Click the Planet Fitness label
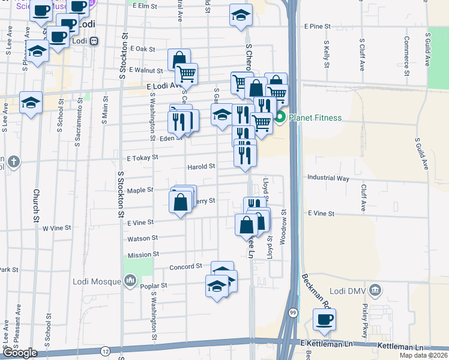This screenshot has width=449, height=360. click(315, 118)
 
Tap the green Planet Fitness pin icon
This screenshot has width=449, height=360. click(280, 118)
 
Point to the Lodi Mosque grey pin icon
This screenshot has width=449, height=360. click(130, 280)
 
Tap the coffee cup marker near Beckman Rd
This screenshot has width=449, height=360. click(324, 319)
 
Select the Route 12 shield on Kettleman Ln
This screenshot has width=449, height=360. click(105, 350)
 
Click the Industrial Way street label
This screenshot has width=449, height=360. click(328, 178)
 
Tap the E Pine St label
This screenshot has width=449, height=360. click(318, 26)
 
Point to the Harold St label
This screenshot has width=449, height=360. click(201, 166)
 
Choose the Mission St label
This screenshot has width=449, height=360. click(143, 254)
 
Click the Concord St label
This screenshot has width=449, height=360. click(186, 266)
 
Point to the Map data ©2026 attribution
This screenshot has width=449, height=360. click(423, 355)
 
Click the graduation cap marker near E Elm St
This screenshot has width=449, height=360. click(241, 15)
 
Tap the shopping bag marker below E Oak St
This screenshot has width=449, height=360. click(179, 60)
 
